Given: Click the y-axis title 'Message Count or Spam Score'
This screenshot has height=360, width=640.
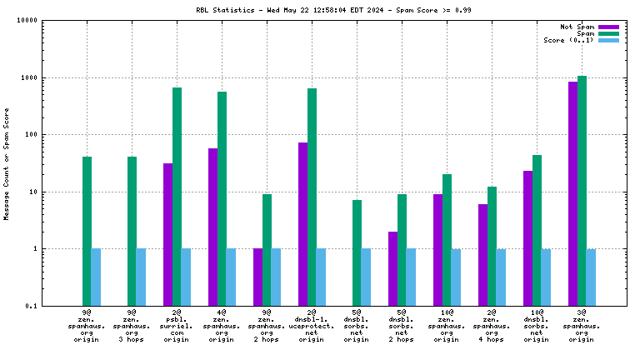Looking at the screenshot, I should (7, 163).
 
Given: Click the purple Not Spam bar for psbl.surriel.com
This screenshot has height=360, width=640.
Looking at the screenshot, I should (167, 234).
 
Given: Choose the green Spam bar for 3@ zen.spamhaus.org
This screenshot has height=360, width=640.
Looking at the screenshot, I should (582, 191).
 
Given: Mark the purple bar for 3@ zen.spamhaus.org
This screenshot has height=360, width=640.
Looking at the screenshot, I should (572, 193).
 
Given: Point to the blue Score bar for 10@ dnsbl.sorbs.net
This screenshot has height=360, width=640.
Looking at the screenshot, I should (546, 277).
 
